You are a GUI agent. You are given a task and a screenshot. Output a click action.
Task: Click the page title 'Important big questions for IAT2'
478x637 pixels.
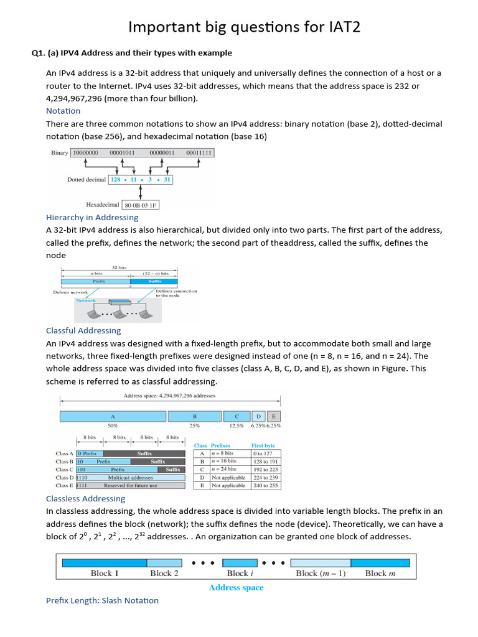click(244, 27)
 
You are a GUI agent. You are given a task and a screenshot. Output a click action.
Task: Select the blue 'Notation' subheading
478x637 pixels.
click(63, 111)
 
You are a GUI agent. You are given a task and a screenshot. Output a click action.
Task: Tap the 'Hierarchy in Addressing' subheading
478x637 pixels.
click(92, 217)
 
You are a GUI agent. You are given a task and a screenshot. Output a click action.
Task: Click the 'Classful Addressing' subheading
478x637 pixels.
click(83, 330)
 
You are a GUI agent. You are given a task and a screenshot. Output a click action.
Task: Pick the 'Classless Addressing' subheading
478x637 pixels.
click(85, 498)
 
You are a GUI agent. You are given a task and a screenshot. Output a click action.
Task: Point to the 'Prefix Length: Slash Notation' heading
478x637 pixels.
click(102, 600)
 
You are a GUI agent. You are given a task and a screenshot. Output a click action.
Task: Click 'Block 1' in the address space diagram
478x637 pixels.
click(105, 573)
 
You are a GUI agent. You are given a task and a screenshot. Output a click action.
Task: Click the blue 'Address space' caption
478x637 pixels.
click(236, 587)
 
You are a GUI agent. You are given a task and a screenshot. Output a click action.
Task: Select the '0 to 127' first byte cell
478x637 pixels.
click(263, 453)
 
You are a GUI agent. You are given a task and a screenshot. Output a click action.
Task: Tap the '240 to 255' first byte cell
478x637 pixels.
click(265, 485)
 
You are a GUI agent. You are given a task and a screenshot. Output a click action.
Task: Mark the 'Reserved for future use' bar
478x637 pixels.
click(131, 486)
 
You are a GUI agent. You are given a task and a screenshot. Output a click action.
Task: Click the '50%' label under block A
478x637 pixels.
click(113, 426)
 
